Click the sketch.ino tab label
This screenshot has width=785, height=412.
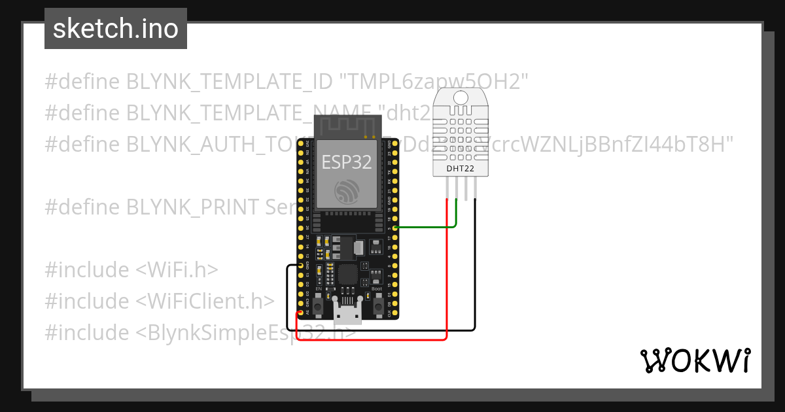(x=115, y=29)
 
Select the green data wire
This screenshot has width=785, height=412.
(x=425, y=227)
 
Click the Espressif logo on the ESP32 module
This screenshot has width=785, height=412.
(x=347, y=192)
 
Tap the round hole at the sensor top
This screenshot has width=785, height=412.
(x=461, y=98)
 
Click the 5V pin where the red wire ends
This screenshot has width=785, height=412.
(x=300, y=313)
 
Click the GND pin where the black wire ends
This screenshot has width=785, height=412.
(x=300, y=266)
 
